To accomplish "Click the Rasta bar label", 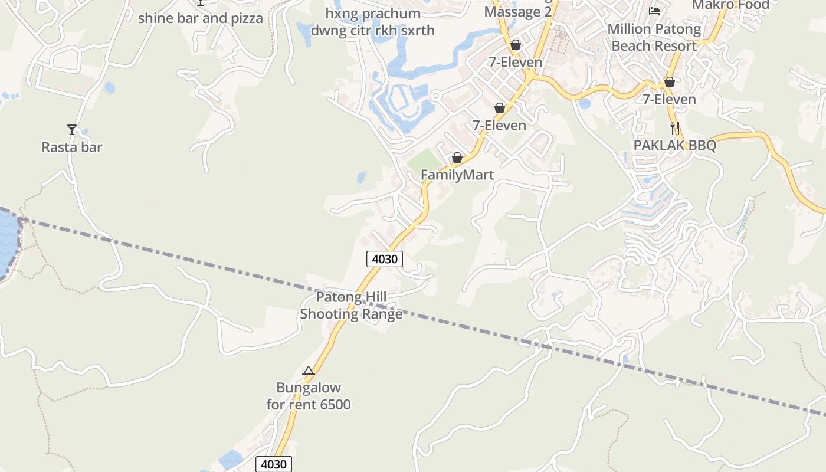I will [x=71, y=147].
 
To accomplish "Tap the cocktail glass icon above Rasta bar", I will [x=71, y=129].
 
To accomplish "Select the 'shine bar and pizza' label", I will [x=200, y=18].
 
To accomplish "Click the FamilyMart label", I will [x=457, y=175].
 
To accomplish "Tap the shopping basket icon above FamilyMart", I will [x=457, y=158].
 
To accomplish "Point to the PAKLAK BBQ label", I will [x=674, y=145].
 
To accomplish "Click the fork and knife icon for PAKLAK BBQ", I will [x=674, y=127].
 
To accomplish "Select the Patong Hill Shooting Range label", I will [x=351, y=305].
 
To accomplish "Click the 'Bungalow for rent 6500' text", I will [x=308, y=396].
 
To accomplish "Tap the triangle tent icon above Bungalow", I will [x=308, y=371].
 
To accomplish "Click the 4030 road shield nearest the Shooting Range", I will [x=384, y=258].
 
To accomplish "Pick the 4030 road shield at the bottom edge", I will [x=274, y=464].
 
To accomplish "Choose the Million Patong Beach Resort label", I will [x=654, y=37].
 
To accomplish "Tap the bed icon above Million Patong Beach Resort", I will [x=654, y=11].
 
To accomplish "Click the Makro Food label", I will [x=730, y=5].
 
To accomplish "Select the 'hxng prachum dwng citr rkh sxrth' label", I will [x=373, y=22].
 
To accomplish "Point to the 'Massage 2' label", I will [x=517, y=12].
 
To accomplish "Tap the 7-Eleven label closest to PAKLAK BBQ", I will [x=669, y=99].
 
